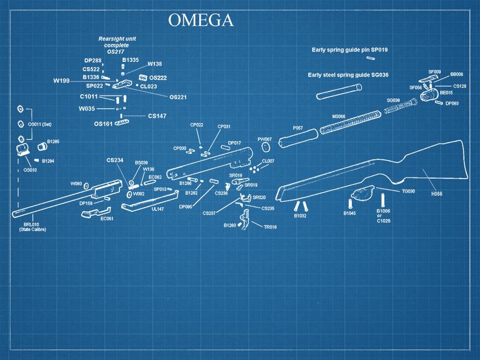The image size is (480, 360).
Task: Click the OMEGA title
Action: [x=201, y=20]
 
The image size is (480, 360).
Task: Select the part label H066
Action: [x=436, y=193]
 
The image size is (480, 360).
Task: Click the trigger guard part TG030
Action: [x=362, y=192]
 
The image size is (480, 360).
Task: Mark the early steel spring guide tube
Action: [x=338, y=90]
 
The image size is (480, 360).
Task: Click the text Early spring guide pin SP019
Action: [x=350, y=50]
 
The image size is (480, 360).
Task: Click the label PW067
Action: [x=265, y=139]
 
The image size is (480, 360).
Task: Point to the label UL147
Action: [x=158, y=209]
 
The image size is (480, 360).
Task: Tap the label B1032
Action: [x=300, y=216]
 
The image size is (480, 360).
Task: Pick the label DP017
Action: [x=234, y=143]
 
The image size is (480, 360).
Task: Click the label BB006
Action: [x=457, y=74]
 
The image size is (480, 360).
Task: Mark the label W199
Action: [x=61, y=81]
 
